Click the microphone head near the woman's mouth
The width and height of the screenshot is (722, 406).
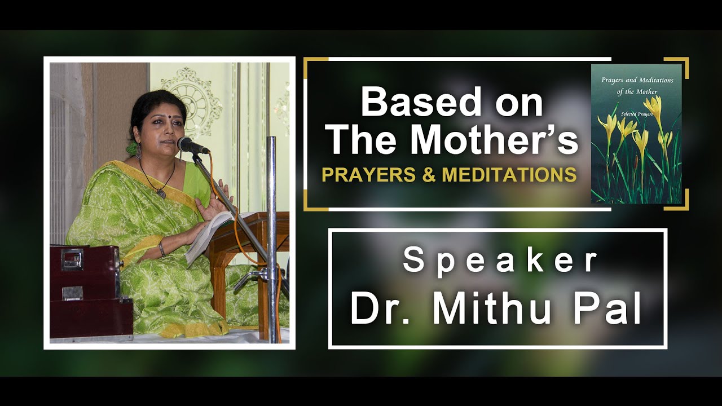tap(190, 145)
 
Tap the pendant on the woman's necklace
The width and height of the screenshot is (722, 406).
tap(161, 193)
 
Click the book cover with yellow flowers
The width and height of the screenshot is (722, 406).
tap(636, 134)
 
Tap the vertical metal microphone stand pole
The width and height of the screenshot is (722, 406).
tap(272, 237)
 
